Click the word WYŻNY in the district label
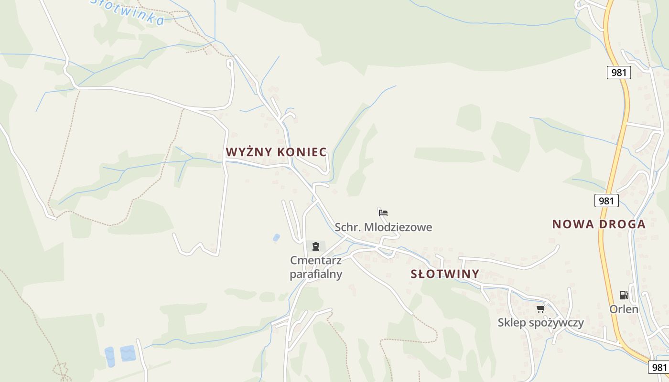[248, 152]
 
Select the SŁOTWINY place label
[445, 274]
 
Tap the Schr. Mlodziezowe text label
[383, 227]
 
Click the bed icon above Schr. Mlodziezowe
[383, 212]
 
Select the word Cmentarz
[316, 261]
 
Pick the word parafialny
[316, 274]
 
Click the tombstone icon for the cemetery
[315, 246]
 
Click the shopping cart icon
[541, 308]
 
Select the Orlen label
[624, 309]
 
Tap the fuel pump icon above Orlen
[624, 295]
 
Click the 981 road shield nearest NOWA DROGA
[606, 201]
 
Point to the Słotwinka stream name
[128, 11]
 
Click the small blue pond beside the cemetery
[276, 237]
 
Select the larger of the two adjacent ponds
[128, 353]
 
